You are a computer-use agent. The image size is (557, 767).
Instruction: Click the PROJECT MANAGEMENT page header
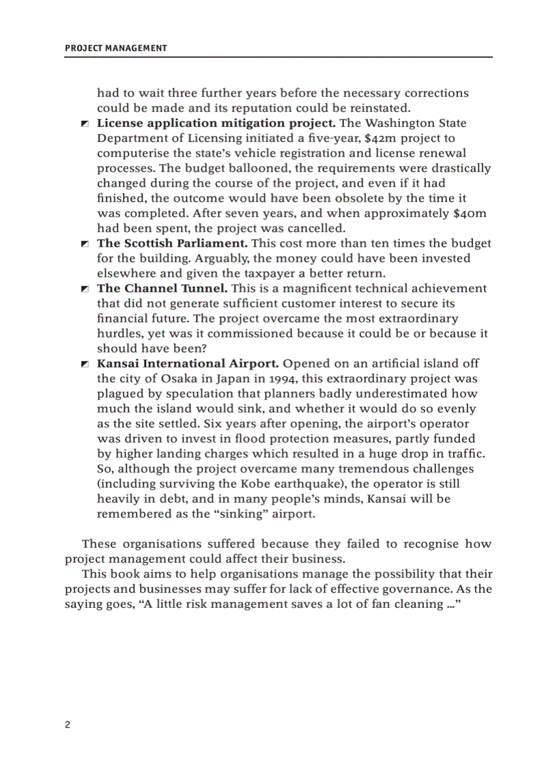tap(115, 48)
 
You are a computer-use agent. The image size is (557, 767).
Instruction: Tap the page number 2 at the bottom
tap(68, 725)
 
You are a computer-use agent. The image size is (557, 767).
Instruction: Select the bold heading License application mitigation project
tap(216, 124)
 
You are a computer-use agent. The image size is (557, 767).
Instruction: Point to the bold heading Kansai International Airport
tap(188, 364)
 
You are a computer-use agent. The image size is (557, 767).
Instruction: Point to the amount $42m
tap(380, 139)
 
